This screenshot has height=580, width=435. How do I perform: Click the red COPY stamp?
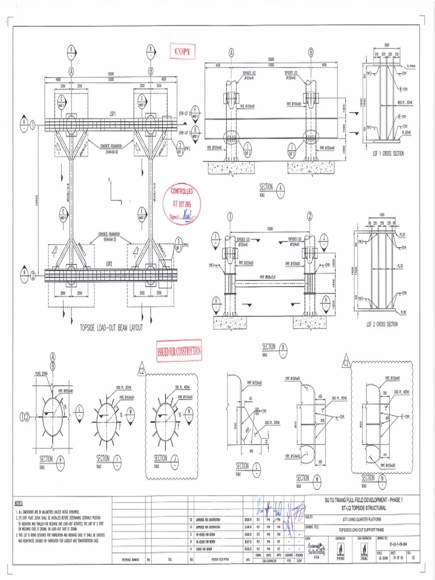point(183,52)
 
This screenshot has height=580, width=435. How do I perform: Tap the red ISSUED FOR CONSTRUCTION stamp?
point(180,351)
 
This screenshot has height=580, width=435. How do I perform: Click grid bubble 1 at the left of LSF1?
point(33,123)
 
